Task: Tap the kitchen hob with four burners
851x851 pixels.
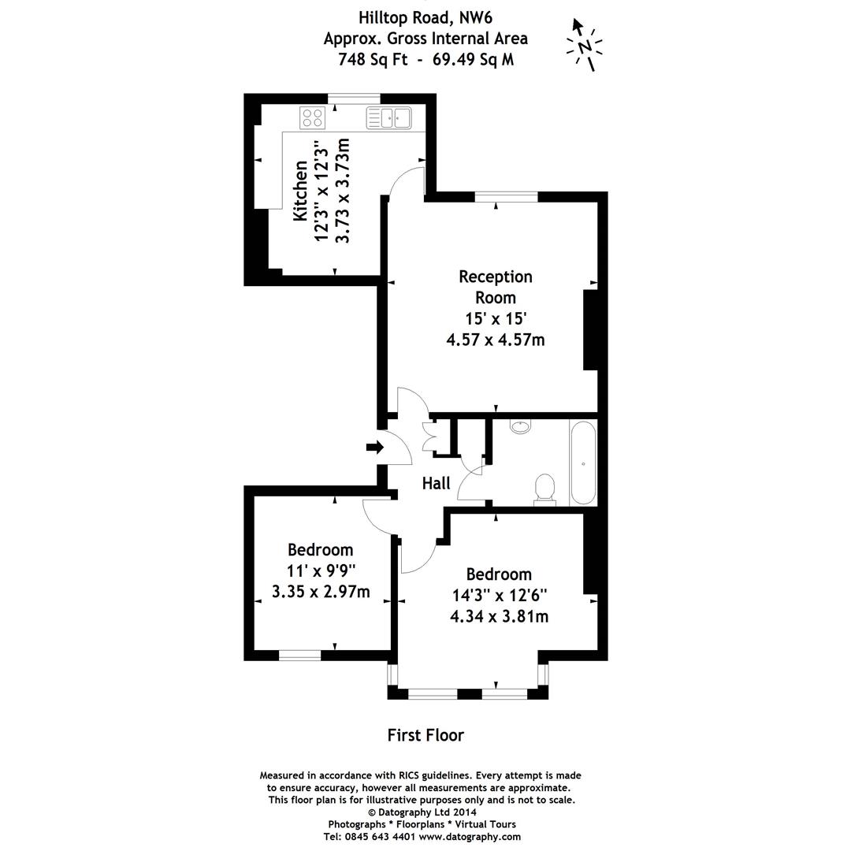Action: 312,118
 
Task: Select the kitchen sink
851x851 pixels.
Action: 388,118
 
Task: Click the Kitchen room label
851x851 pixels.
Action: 300,191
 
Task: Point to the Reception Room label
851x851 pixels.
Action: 496,287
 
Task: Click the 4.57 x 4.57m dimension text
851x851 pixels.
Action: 496,340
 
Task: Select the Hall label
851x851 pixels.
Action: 436,483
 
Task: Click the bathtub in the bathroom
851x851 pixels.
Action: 583,463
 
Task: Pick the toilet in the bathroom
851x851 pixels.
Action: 544,488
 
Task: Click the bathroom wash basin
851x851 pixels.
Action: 521,426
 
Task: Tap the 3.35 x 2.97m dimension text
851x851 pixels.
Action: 320,591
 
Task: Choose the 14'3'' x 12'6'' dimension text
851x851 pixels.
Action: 499,595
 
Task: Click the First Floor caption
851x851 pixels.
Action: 425,735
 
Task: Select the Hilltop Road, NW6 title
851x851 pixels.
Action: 425,17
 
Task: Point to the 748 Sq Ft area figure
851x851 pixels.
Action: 373,59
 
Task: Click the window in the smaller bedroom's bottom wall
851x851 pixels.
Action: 300,655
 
